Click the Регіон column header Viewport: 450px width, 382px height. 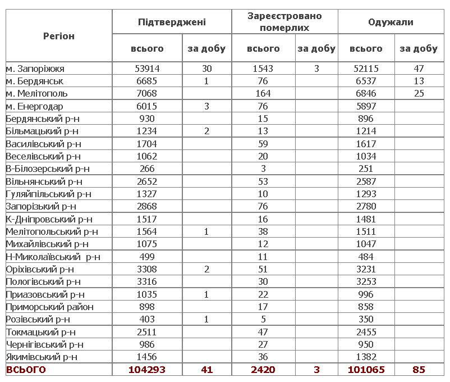(59, 37)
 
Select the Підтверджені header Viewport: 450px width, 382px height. (172, 22)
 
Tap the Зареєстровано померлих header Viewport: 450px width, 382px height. (285, 22)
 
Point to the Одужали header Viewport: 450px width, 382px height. (391, 22)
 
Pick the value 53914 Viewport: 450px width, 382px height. (147, 69)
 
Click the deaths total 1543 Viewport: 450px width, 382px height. (263, 69)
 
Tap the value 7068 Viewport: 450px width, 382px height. (147, 94)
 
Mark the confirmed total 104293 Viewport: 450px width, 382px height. (147, 370)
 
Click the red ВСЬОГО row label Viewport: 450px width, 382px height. (26, 370)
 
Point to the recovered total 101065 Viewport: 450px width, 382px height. (366, 370)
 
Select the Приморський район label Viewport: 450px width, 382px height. (49, 307)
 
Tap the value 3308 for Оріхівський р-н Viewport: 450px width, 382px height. (147, 269)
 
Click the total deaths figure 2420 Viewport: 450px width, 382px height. (263, 370)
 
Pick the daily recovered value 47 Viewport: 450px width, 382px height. (418, 69)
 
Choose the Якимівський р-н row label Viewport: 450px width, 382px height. (42, 357)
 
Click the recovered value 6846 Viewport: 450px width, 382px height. (366, 94)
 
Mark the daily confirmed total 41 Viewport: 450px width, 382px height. (206, 370)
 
